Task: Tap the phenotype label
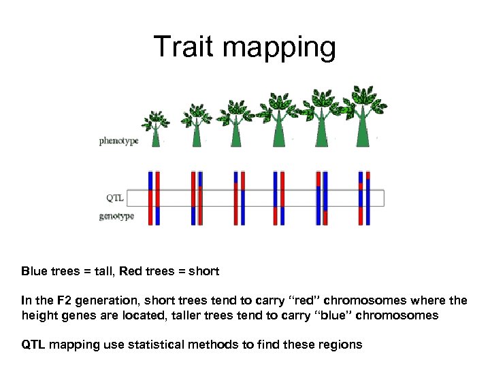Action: [118, 141]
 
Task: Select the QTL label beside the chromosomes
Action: [114, 198]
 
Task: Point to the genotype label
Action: [116, 216]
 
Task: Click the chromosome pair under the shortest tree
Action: [154, 198]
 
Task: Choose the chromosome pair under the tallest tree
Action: [364, 198]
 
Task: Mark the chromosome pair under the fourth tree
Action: [278, 198]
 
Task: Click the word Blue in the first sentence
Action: [34, 271]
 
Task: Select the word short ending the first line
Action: [203, 271]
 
